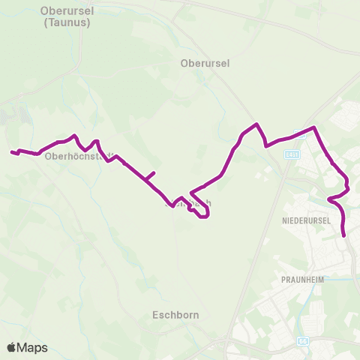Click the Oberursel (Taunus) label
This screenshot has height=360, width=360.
click(62, 17)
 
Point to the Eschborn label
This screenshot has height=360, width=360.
click(175, 315)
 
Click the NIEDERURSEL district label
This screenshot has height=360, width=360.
click(307, 221)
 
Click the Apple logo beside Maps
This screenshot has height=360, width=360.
click(12, 347)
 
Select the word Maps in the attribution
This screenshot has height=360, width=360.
click(32, 347)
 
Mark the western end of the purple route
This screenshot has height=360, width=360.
click(12, 152)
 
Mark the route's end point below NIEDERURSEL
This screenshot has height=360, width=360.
click(344, 235)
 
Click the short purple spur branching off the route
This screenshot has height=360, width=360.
click(151, 176)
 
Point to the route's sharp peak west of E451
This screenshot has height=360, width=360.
click(257, 124)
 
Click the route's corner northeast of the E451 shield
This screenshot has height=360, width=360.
click(314, 127)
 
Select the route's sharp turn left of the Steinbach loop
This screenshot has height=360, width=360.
click(192, 192)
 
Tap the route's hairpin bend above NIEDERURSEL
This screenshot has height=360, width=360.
click(329, 199)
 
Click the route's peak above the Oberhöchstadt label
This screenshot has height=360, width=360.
click(73, 136)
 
